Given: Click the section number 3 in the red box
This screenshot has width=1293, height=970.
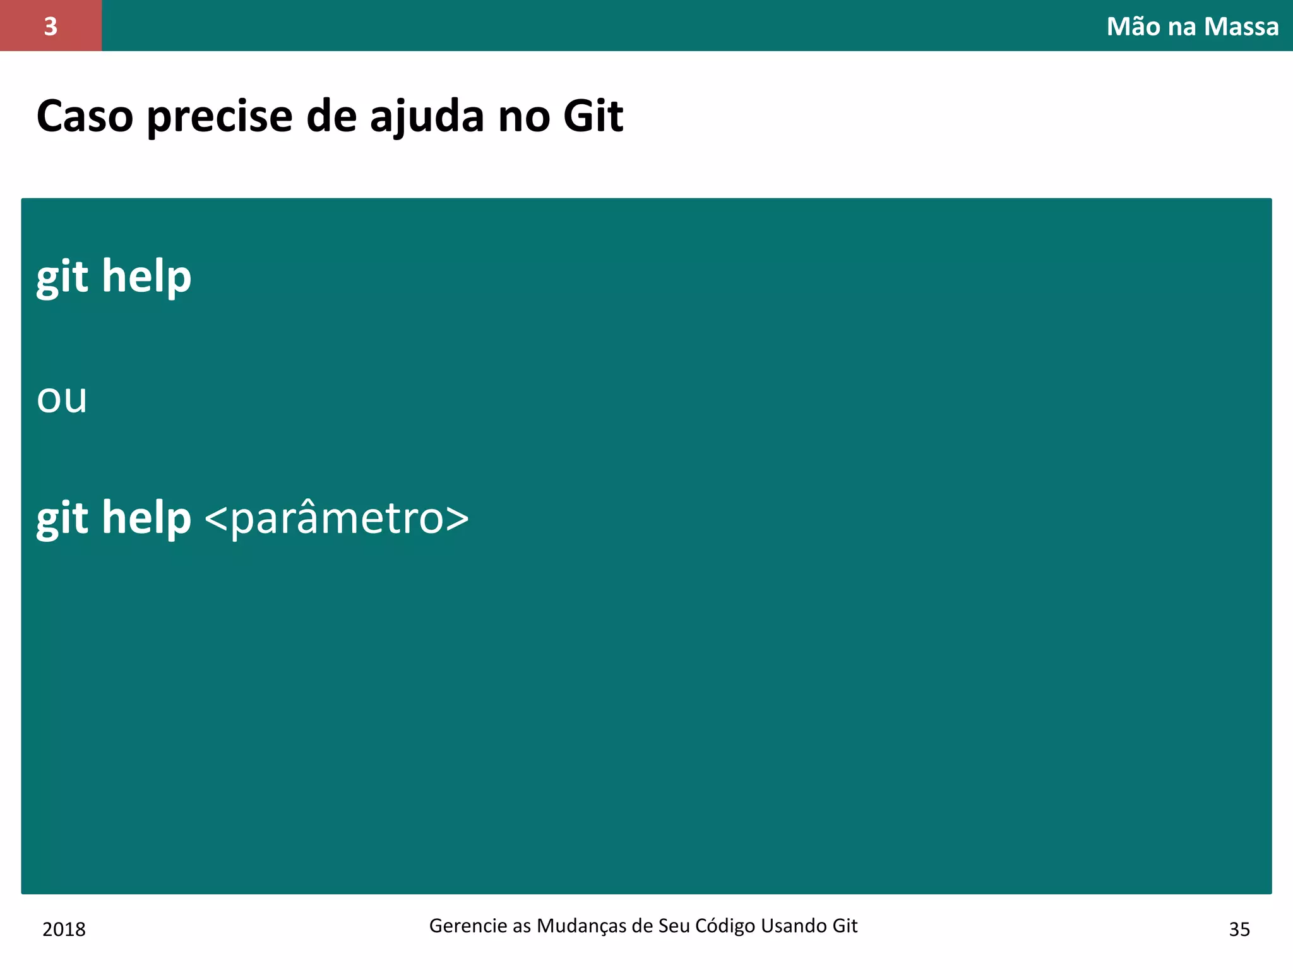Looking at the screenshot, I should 51,27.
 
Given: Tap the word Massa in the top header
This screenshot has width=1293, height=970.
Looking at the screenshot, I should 1241,27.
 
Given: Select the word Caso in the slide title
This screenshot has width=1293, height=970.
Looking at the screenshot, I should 85,117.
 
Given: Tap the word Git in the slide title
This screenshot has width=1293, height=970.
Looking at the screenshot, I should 593,117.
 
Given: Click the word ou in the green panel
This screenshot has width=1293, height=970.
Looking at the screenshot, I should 62,398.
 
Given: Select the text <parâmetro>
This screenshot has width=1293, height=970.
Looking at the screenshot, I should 337,518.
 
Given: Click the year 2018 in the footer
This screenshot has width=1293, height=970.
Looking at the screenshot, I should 64,930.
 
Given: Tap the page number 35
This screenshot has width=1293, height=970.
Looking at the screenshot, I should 1239,930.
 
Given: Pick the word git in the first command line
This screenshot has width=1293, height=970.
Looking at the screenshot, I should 62,277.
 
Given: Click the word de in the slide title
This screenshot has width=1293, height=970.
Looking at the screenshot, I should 331,117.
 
